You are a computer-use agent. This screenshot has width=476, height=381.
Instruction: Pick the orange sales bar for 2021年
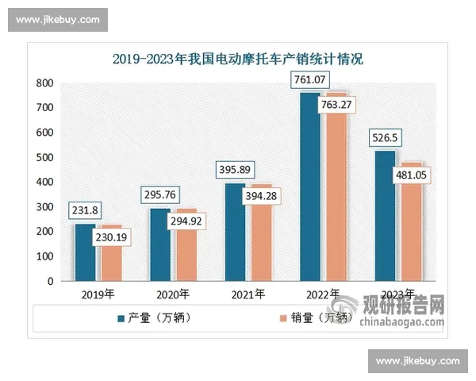[259, 238]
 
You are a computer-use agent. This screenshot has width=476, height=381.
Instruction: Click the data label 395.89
[236, 170]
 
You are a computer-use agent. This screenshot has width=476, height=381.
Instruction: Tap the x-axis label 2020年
[173, 294]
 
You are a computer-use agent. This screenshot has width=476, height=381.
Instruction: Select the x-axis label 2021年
[248, 294]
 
